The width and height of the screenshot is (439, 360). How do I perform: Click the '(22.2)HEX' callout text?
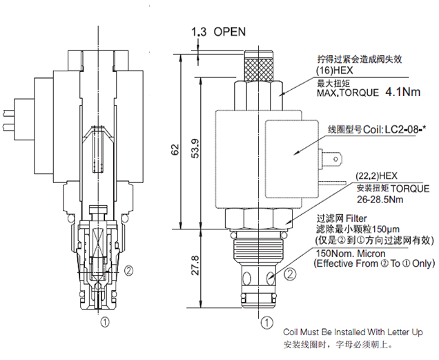point(378,176)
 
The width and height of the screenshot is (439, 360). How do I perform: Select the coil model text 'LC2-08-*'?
point(402,129)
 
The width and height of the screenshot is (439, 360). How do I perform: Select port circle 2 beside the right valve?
point(291,274)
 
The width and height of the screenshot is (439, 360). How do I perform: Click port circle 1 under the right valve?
point(265,321)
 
